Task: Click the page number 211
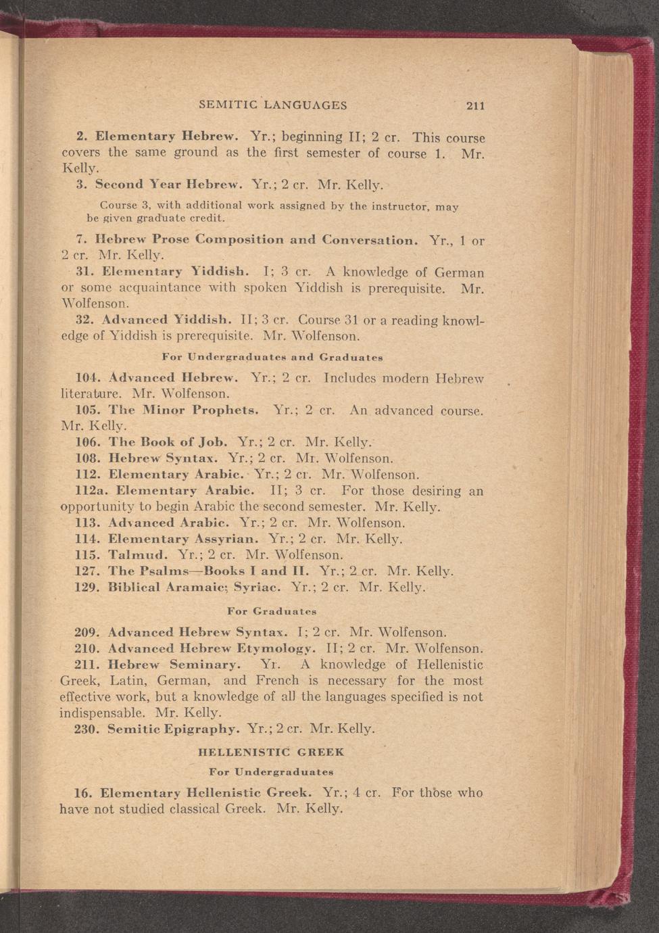tap(476, 105)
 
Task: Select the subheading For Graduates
tap(272, 611)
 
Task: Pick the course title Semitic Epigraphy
tap(173, 729)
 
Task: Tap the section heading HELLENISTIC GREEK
tap(272, 752)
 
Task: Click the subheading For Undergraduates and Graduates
tap(273, 356)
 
